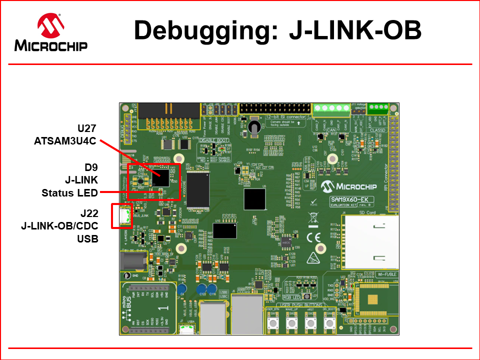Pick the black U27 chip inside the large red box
163,176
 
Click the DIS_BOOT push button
328,324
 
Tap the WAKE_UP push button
291,324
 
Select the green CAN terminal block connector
331,108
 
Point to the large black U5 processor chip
255,199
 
